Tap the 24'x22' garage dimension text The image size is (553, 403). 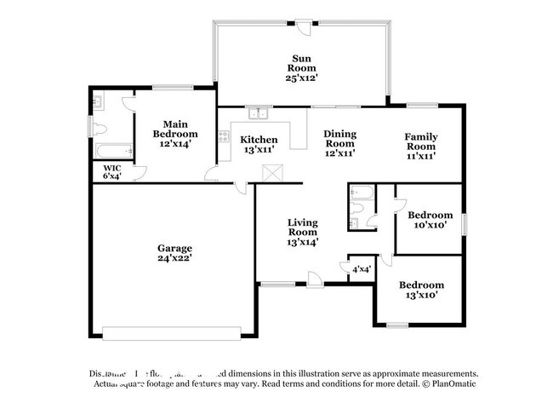[174, 258]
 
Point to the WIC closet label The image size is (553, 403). [111, 171]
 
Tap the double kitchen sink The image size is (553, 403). [257, 113]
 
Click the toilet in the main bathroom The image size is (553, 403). [99, 130]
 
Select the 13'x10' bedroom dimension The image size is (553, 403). [421, 296]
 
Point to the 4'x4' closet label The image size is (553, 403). [360, 269]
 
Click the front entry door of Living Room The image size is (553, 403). [315, 279]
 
